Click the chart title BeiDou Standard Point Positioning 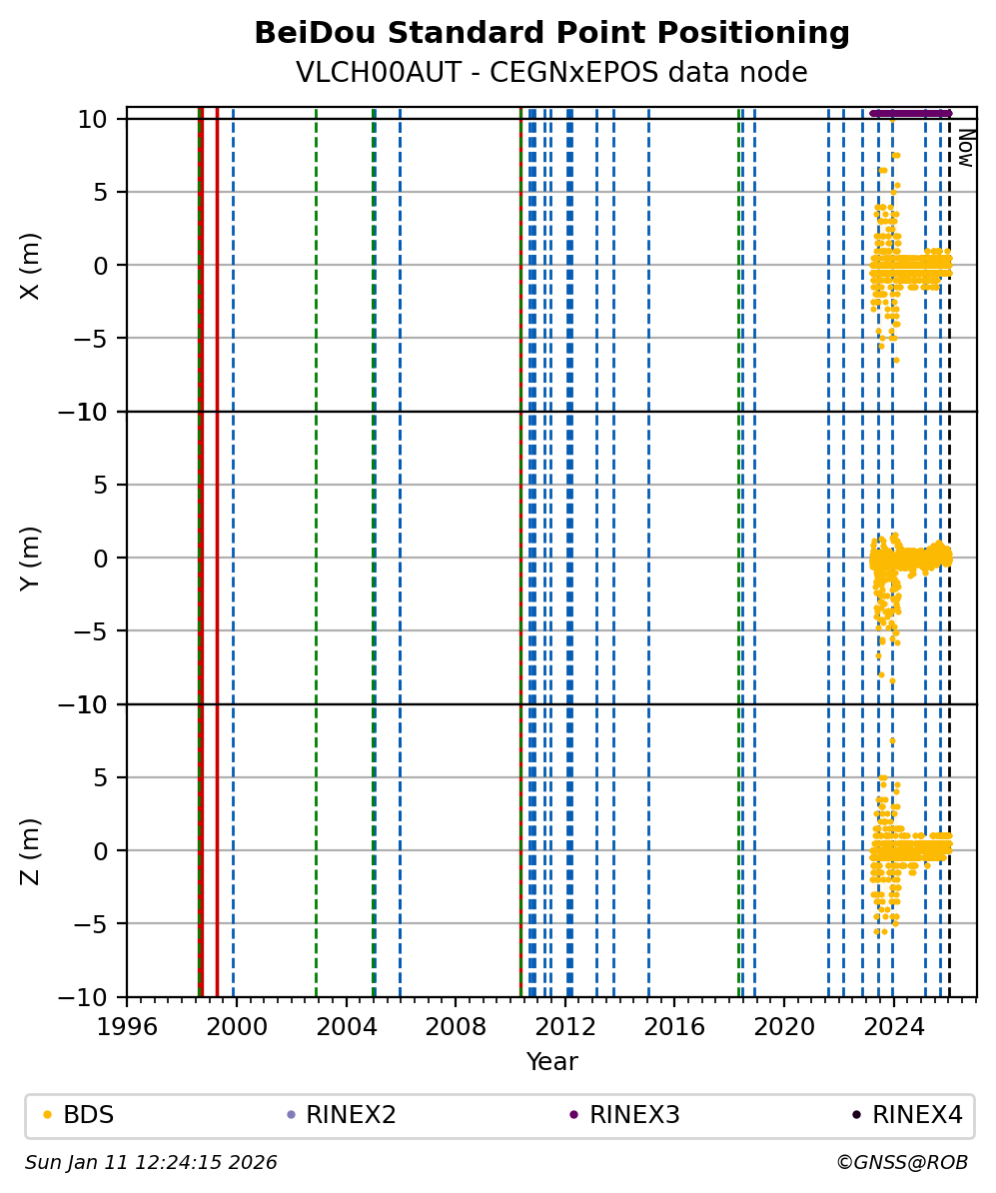[551, 33]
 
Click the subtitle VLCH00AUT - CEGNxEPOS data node [551, 73]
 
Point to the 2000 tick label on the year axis [236, 1026]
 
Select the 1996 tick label [127, 1026]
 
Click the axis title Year [551, 1062]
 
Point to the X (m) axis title [31, 265]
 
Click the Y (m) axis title [31, 558]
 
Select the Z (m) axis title [31, 850]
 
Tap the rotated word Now [965, 147]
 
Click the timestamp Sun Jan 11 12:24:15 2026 [151, 1163]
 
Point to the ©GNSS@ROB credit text [901, 1163]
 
